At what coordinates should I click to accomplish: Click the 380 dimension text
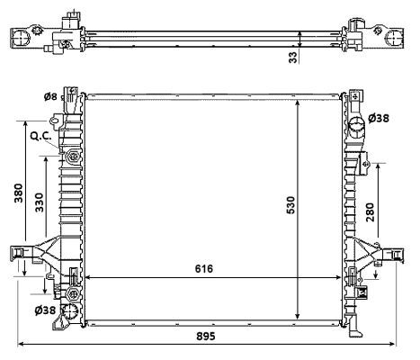click(x=19, y=194)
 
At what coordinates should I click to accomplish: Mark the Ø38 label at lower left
click(x=47, y=310)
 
